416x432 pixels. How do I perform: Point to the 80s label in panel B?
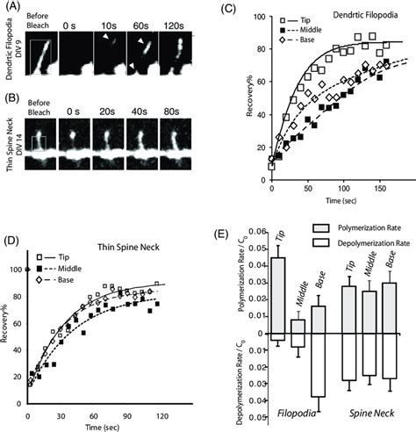(175, 120)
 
